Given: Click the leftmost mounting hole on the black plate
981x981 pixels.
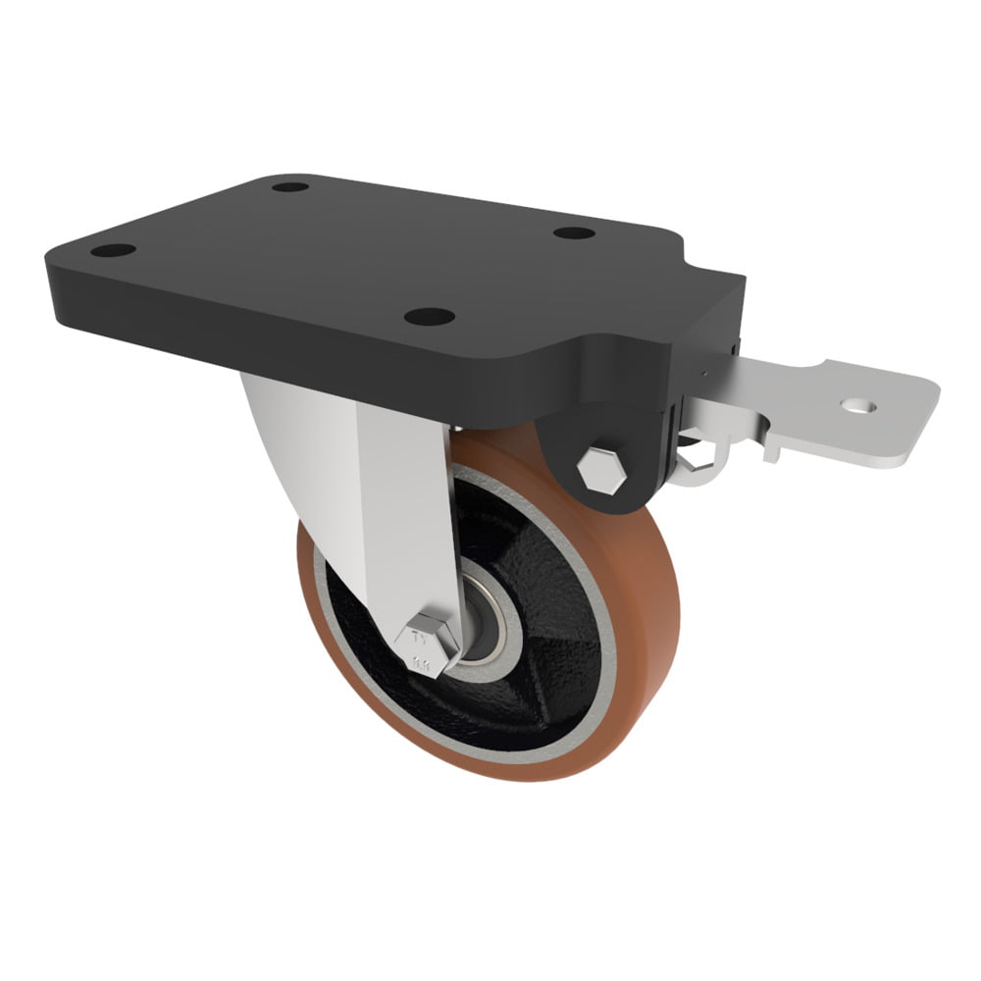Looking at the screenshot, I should pos(114,250).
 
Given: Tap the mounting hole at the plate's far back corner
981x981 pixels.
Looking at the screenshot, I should pos(290,185).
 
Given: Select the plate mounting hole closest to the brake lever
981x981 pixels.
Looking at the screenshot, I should pos(574,232).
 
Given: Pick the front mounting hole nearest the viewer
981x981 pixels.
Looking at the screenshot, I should pos(430,317).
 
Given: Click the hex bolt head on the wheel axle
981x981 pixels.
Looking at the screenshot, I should pos(427,644).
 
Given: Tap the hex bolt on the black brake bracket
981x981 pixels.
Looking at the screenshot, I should pos(601,470).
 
